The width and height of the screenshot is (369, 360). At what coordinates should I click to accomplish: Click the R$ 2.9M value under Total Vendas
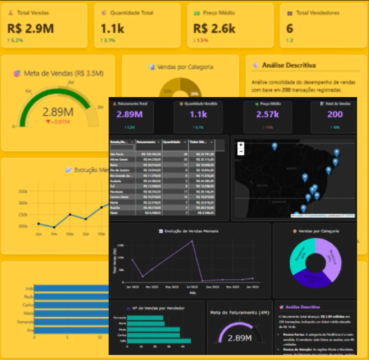point(30,28)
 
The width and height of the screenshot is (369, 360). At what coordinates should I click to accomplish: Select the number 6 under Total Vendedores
point(289,28)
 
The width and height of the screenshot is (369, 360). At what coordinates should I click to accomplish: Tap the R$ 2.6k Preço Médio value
point(214,28)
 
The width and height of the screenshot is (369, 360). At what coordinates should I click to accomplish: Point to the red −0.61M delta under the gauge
point(58,121)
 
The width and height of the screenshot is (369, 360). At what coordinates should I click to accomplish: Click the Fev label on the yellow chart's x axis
point(54,234)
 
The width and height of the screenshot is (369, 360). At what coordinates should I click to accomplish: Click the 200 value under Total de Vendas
point(335,115)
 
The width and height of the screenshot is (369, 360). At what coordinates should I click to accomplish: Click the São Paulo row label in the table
point(115,154)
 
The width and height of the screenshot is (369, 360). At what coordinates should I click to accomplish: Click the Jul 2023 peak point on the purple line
point(192,241)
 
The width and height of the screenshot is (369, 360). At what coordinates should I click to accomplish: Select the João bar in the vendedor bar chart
point(156,341)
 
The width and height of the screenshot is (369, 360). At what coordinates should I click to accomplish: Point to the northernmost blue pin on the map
point(275,146)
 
